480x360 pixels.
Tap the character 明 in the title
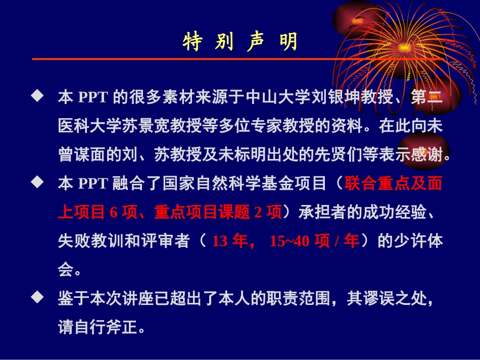289,43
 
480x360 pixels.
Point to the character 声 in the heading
257,43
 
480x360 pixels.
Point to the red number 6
113,213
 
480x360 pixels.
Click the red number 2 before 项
258,213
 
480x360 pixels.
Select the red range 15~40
290,241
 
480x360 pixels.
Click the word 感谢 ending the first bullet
427,155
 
